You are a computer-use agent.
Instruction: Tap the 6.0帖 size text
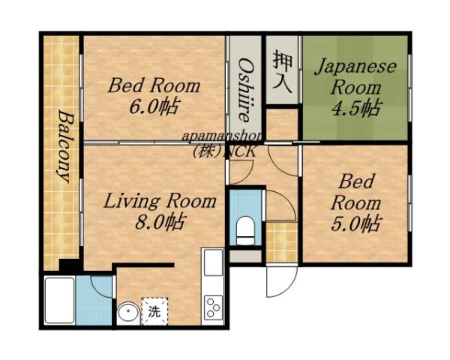click(154, 106)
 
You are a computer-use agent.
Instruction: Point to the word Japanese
click(355, 66)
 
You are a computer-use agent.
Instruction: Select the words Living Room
click(159, 201)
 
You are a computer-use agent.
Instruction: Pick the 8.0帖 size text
click(159, 222)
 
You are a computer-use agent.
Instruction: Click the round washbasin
click(130, 310)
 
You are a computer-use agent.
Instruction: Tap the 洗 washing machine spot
click(154, 310)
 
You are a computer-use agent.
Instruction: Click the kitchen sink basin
click(211, 263)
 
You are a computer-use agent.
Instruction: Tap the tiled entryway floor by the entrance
click(282, 240)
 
